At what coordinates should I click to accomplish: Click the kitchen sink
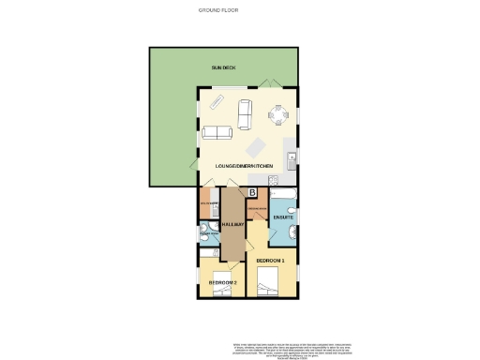click(292, 156)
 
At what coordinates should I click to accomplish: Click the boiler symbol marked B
click(252, 193)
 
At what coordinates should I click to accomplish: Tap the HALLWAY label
click(232, 225)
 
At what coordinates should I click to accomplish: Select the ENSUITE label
click(283, 217)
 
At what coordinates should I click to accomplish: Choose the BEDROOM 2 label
click(222, 281)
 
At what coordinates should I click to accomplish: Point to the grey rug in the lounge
click(255, 148)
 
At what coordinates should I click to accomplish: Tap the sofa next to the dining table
click(246, 113)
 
